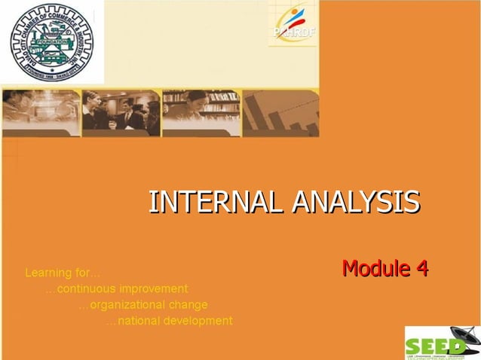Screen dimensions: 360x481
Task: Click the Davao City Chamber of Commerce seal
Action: coord(51,42)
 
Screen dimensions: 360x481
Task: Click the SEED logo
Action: coord(442,343)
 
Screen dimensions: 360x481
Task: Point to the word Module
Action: coord(373,267)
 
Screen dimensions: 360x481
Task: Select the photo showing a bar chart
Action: coord(280,113)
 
